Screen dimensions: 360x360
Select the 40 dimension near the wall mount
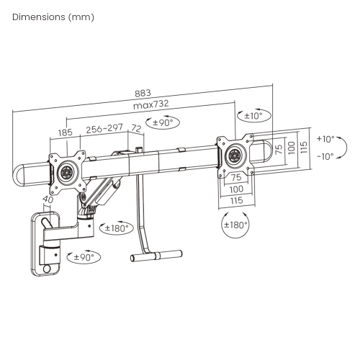tap(48, 200)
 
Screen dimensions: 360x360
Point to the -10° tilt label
tap(325, 156)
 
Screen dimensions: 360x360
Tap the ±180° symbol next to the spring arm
tap(117, 228)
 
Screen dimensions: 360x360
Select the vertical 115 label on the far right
tap(304, 147)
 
